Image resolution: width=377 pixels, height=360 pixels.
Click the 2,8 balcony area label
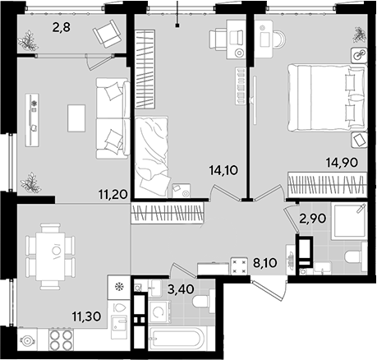62,27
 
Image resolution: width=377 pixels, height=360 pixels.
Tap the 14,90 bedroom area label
342,163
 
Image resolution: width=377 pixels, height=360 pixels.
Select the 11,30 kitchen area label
86,316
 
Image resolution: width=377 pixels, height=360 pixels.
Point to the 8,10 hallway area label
264,262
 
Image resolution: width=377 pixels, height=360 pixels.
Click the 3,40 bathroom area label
181,289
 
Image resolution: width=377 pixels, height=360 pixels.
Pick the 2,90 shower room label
313,219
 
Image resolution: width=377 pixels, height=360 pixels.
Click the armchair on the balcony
107,34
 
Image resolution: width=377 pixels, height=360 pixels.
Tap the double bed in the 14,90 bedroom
327,98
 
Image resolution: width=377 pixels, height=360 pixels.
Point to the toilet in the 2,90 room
356,258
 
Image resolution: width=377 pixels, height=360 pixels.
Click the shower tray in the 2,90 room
349,221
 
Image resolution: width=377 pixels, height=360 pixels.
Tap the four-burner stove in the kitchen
62,340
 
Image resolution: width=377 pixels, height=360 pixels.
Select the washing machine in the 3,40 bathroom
159,312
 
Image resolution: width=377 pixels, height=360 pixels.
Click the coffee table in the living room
76,118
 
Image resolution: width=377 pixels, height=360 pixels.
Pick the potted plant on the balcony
28,41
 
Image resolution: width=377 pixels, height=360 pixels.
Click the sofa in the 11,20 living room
113,118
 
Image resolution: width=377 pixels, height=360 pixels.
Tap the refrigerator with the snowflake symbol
118,287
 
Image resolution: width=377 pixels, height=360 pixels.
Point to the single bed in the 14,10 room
151,156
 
